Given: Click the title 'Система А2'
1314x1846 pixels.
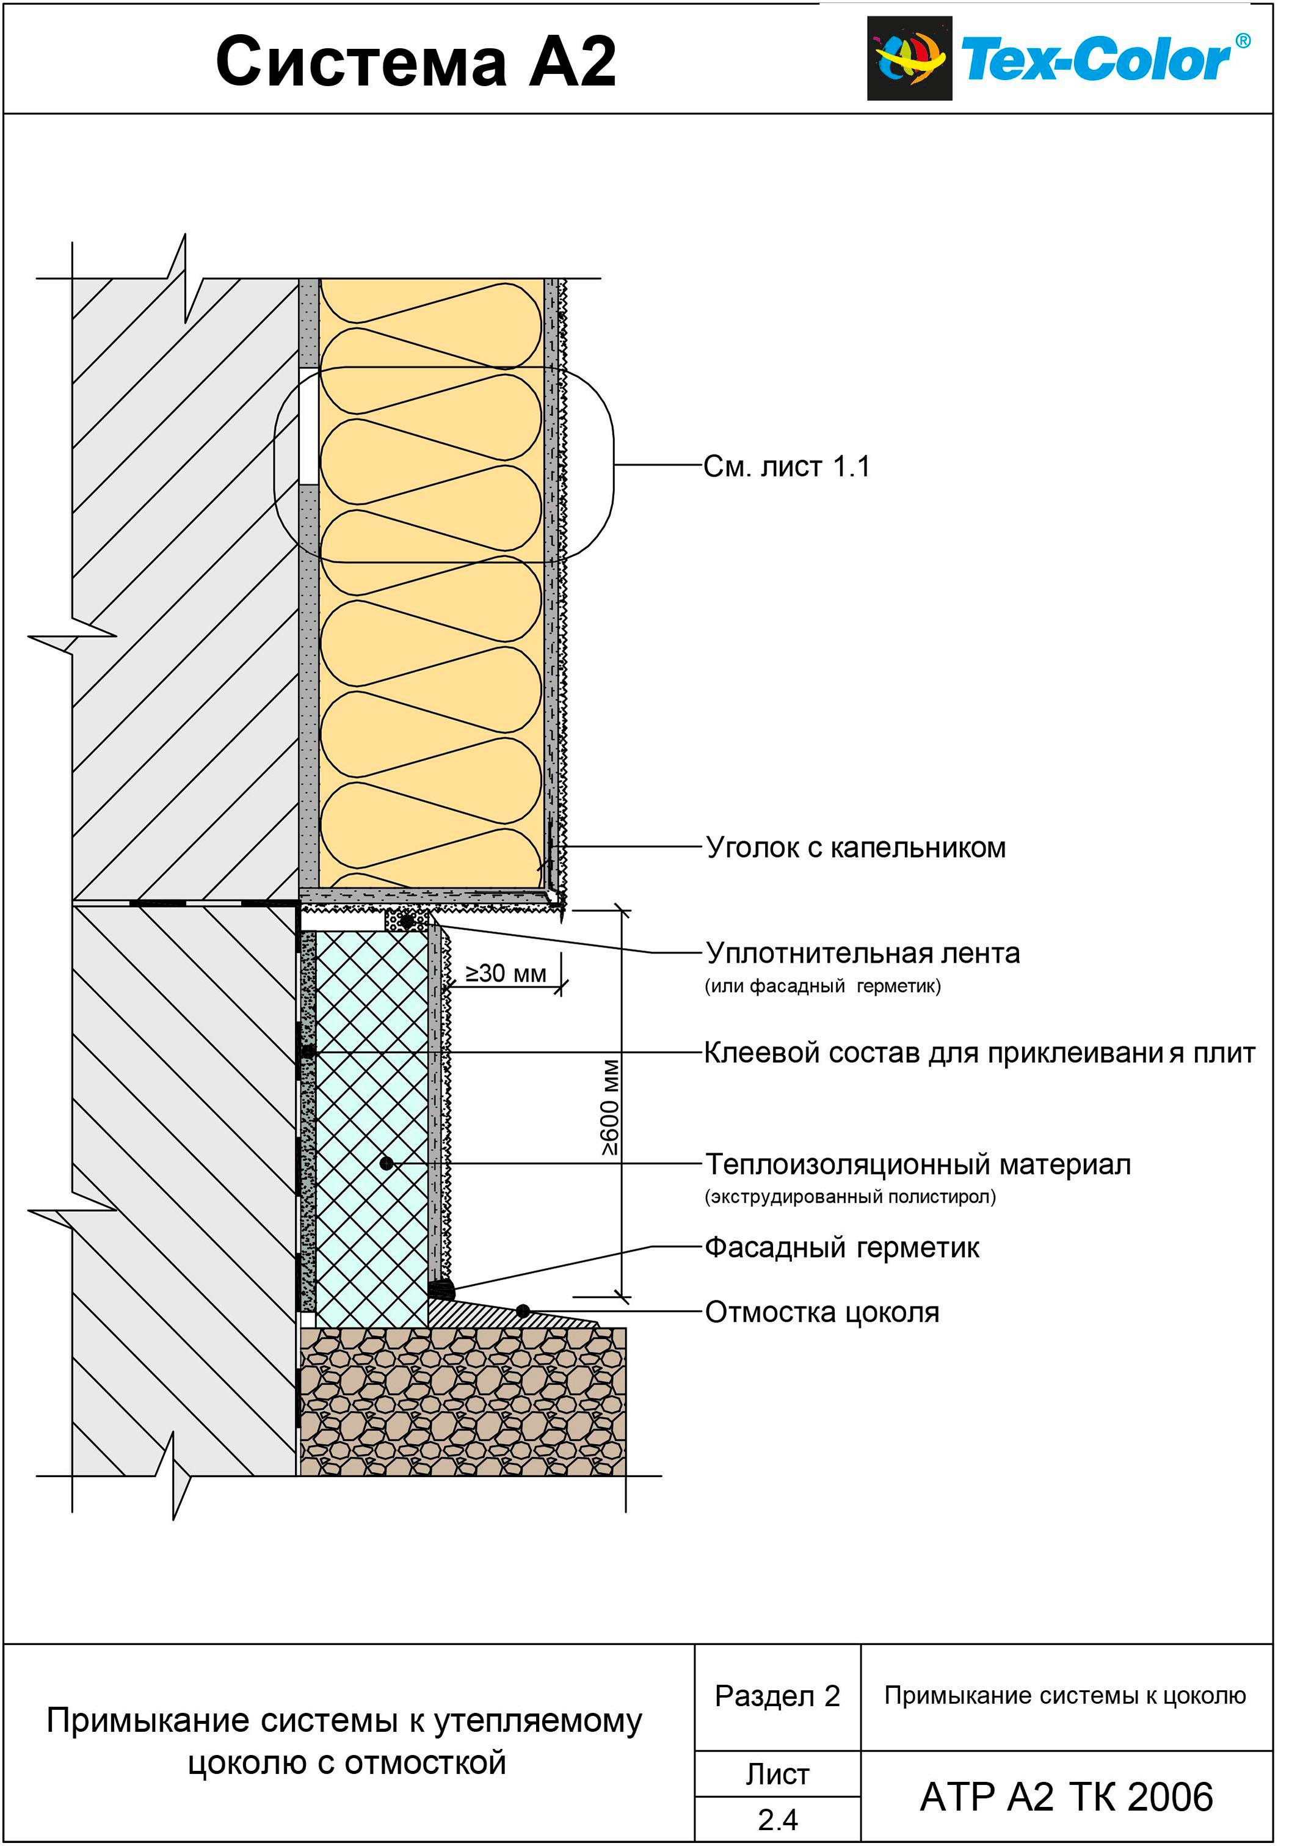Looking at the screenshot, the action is pyautogui.click(x=416, y=62).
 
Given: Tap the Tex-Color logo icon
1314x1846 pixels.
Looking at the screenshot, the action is pyautogui.click(x=909, y=58).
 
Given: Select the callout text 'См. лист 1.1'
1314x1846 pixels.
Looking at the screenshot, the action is pyautogui.click(x=786, y=467).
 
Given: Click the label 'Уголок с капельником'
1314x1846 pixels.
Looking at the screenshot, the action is pyautogui.click(x=855, y=847).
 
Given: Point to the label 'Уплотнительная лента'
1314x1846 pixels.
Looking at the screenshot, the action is pyautogui.click(x=863, y=954).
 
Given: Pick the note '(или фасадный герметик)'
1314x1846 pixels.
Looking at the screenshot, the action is pyautogui.click(x=823, y=987).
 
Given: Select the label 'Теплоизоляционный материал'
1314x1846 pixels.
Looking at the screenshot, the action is pyautogui.click(x=918, y=1164).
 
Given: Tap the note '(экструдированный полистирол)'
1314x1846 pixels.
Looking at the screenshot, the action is pyautogui.click(x=851, y=1197).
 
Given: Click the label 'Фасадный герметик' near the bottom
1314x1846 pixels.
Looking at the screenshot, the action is pyautogui.click(x=841, y=1247).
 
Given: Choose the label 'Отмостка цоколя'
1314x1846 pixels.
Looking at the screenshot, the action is pyautogui.click(x=822, y=1312).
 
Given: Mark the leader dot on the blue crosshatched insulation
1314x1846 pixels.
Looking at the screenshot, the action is pyautogui.click(x=387, y=1164).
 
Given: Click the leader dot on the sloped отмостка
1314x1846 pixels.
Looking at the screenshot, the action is pyautogui.click(x=523, y=1311).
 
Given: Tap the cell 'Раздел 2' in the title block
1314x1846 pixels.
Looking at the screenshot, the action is pyautogui.click(x=777, y=1696).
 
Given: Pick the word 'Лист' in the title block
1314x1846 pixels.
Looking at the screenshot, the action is pyautogui.click(x=777, y=1775).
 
